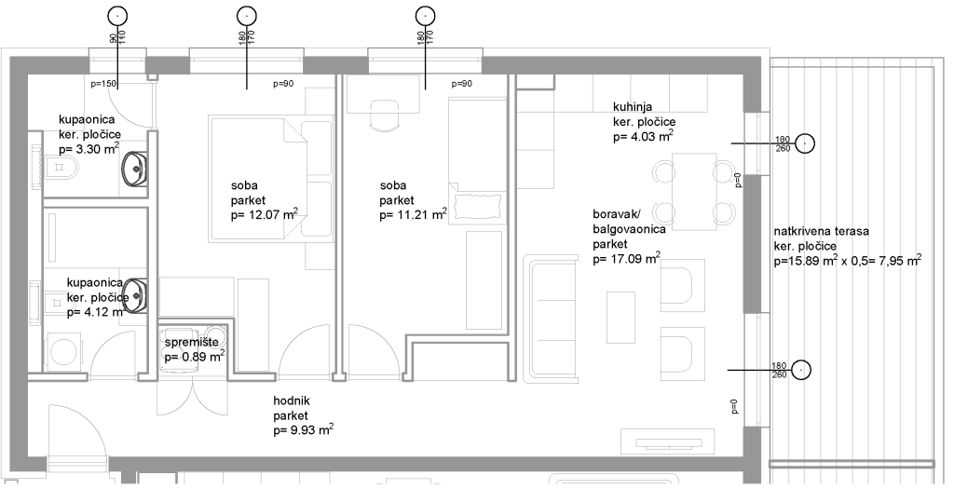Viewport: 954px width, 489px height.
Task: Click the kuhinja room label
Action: tap(633, 107)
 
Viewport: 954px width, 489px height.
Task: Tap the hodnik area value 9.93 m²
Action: tap(304, 430)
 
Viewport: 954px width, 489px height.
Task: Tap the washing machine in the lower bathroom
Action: tap(64, 351)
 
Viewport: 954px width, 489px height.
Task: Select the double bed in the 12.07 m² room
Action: tap(272, 179)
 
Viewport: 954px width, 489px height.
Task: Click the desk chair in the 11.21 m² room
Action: tap(385, 115)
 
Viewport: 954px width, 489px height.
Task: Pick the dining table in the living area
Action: tap(695, 192)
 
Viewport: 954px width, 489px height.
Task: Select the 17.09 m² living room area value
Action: tap(627, 259)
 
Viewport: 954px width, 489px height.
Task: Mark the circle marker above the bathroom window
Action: tap(117, 16)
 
